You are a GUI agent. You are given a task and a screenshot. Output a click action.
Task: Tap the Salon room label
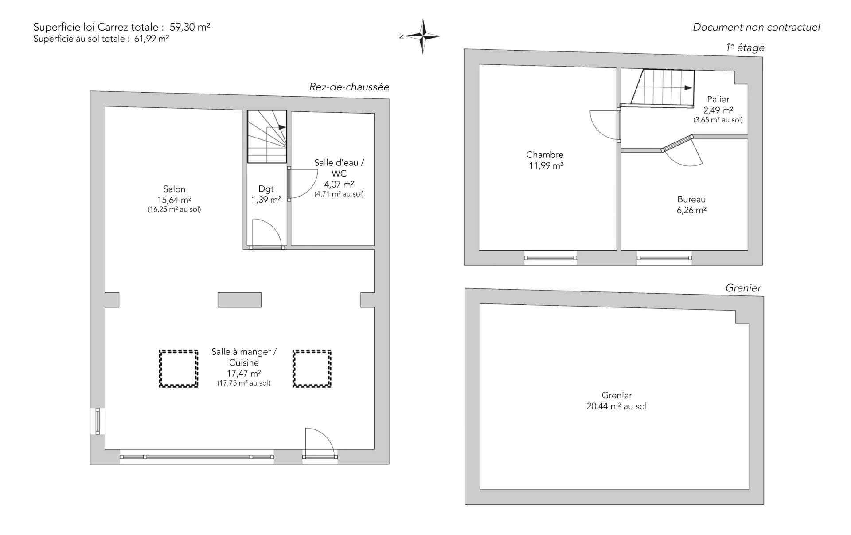point(174,189)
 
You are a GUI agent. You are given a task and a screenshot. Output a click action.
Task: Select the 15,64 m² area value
point(174,200)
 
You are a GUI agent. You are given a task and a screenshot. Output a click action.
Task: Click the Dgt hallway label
point(266,189)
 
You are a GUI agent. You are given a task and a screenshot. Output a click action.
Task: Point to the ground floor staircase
point(267,137)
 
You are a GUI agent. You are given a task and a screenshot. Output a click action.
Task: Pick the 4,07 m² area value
point(339,184)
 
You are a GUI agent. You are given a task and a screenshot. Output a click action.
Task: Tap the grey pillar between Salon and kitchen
point(239,300)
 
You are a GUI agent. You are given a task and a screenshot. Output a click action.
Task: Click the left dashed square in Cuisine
point(179,369)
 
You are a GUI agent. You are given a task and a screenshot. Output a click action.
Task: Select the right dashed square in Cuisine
point(312,369)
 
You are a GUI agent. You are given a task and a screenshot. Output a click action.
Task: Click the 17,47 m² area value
point(244,374)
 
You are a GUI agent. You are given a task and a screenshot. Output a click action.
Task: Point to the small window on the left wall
point(98,421)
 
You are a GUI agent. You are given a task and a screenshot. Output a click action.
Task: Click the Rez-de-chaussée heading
point(349,87)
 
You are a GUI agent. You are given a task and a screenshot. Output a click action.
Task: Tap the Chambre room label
point(545,155)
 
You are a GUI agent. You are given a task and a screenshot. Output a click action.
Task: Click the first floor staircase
point(662,88)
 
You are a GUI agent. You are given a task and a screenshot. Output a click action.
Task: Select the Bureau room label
point(691,200)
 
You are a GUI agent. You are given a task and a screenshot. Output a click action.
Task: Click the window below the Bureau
point(664,258)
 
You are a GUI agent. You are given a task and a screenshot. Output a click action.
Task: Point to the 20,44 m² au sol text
point(617,406)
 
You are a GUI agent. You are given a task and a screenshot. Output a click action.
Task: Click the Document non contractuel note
point(756,27)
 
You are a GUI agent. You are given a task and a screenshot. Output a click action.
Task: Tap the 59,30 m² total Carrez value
point(190,27)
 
